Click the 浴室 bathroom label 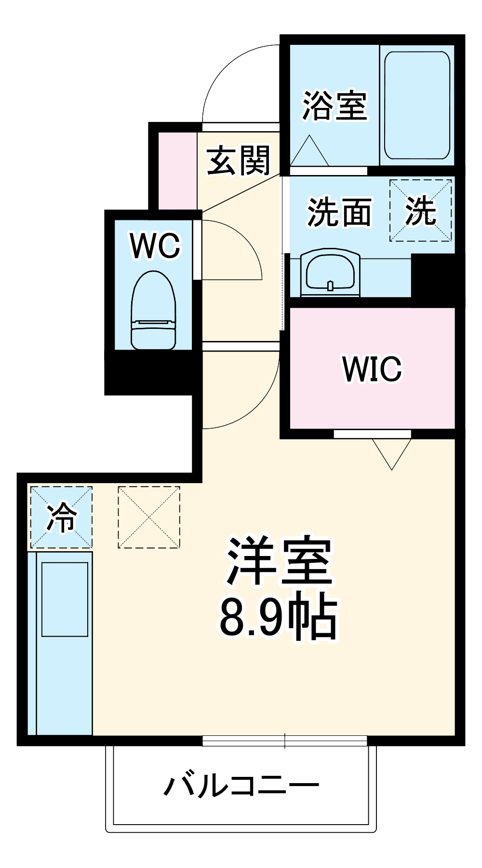pyautogui.click(x=335, y=106)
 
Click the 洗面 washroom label pyautogui.click(x=339, y=212)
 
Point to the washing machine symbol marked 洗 pyautogui.click(x=420, y=211)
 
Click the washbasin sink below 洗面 pyautogui.click(x=330, y=272)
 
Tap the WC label pyautogui.click(x=155, y=245)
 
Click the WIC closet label pyautogui.click(x=372, y=369)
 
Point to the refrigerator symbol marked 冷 pyautogui.click(x=61, y=517)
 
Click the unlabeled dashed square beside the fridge pyautogui.click(x=149, y=517)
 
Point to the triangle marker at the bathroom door pyautogui.click(x=309, y=152)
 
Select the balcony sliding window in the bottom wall pyautogui.click(x=284, y=740)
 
